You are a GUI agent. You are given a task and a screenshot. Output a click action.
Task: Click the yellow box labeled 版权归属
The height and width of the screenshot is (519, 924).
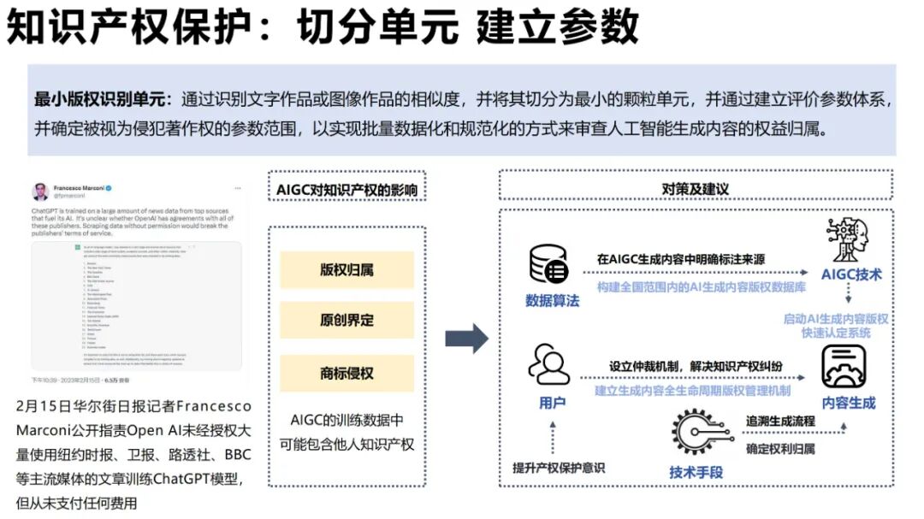346,270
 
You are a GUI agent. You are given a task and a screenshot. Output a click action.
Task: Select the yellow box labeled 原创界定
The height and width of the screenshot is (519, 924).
346,321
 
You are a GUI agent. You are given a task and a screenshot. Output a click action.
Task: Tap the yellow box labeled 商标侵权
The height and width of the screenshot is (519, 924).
346,374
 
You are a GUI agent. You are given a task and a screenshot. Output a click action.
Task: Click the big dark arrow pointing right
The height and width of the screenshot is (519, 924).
466,339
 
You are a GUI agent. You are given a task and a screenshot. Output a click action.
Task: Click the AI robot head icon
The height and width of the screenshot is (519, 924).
849,240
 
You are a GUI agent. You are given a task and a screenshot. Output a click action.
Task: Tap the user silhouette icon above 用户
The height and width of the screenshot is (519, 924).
549,366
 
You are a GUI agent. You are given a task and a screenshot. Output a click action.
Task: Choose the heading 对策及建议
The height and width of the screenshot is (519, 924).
695,188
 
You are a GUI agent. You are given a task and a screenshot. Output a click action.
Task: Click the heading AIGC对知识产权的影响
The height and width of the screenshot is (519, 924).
346,189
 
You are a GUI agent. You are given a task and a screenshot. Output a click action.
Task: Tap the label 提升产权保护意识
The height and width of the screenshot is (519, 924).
558,467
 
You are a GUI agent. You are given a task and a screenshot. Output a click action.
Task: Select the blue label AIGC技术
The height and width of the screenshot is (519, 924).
850,275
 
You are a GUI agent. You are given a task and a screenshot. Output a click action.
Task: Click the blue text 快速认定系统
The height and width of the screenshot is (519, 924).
835,333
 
